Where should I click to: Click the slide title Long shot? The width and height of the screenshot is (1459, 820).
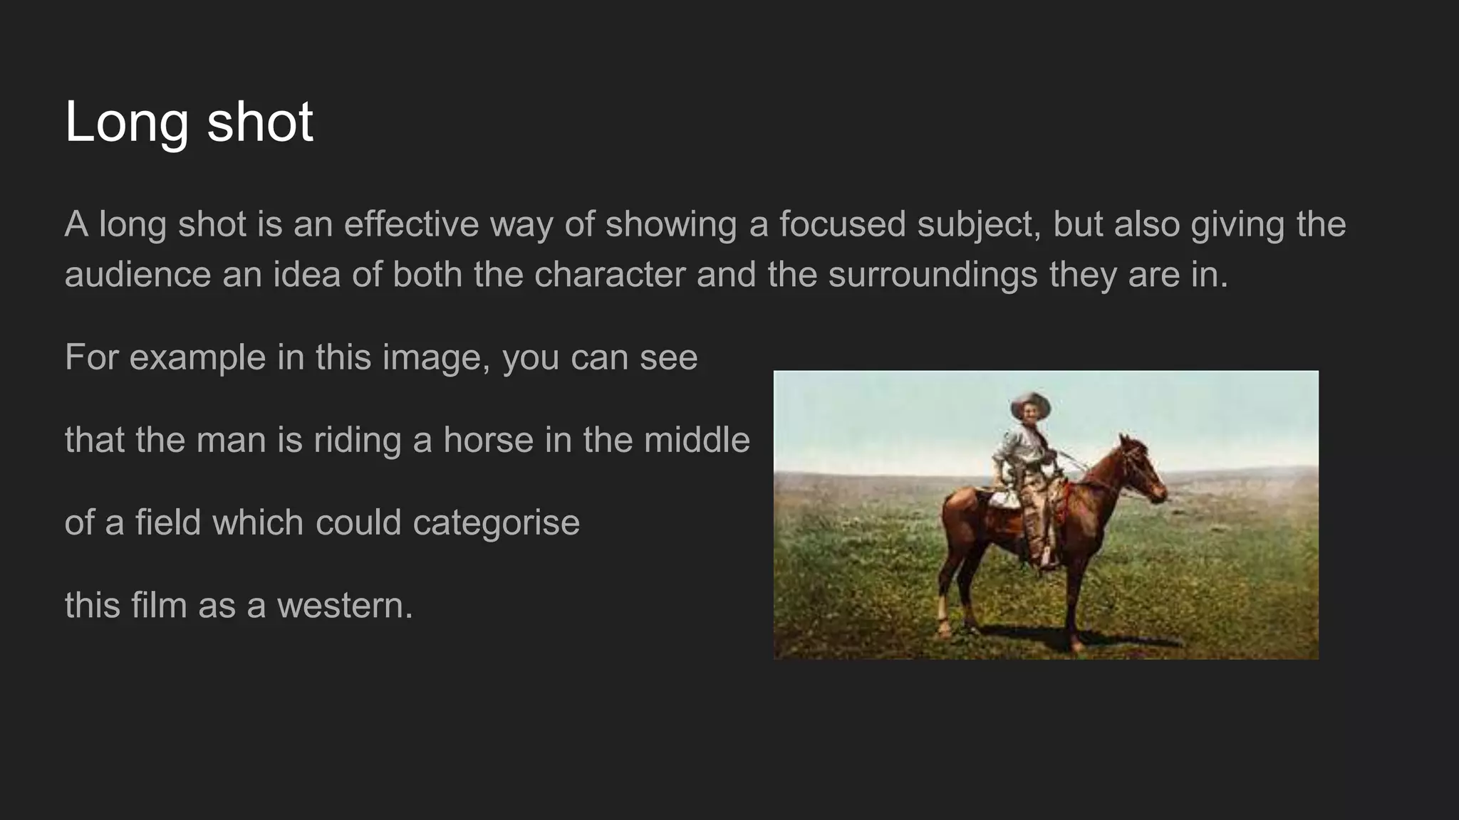click(189, 122)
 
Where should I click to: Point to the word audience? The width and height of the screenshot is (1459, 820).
click(137, 275)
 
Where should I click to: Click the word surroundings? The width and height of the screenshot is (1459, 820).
click(933, 275)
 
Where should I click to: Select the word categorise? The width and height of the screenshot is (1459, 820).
click(497, 522)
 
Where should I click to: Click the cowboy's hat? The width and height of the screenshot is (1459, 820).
click(1029, 403)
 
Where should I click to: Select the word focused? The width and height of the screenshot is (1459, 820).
click(842, 224)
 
